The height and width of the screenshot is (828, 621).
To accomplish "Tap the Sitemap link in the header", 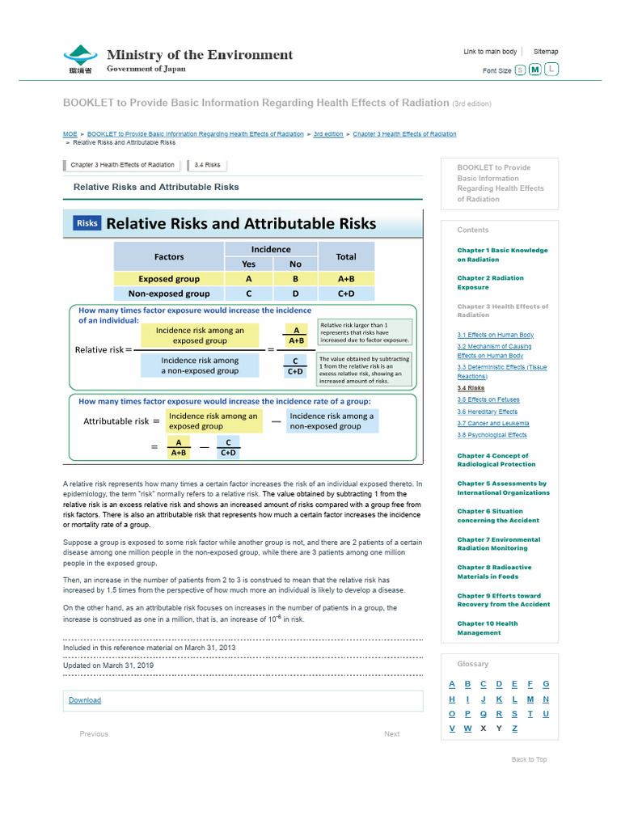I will coord(545,52).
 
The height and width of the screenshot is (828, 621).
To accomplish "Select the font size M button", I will coord(534,70).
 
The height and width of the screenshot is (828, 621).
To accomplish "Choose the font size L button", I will coord(551,70).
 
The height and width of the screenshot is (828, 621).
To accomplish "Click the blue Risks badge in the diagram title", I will coord(87,223).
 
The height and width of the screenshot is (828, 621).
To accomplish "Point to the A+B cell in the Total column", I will coord(346,279).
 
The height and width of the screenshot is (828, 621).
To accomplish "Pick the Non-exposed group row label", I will coord(169,294).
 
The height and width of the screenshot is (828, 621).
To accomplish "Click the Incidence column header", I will coord(271,249).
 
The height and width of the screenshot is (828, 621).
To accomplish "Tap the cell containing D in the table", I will coord(295,294).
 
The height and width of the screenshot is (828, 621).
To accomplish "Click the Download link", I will coord(85,700).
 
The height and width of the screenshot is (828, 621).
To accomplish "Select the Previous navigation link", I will coord(94,734).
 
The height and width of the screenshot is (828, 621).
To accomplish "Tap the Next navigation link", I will coord(391,734).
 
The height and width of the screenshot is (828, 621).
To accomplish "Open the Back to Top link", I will coord(529,759).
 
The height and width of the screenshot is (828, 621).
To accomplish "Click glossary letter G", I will coord(546,684).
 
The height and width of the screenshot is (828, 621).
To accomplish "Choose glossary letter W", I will coord(467,729).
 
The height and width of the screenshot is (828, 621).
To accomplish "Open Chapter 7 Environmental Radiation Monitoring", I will coord(498,544).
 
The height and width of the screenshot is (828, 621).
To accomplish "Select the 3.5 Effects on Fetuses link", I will coord(488,399).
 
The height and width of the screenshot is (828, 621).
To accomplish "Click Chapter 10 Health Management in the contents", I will coord(488,628).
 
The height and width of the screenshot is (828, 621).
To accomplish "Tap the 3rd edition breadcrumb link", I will coord(328,134).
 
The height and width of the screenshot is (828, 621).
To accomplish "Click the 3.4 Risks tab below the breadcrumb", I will coord(207,165).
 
